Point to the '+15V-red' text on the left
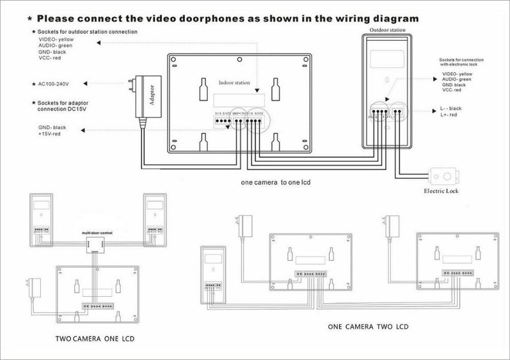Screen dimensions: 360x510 52,134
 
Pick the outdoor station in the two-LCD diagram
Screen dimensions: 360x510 210,275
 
